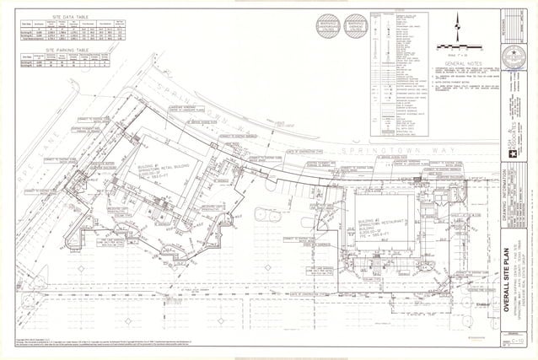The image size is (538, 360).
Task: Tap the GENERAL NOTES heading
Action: pyautogui.click(x=460, y=62)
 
